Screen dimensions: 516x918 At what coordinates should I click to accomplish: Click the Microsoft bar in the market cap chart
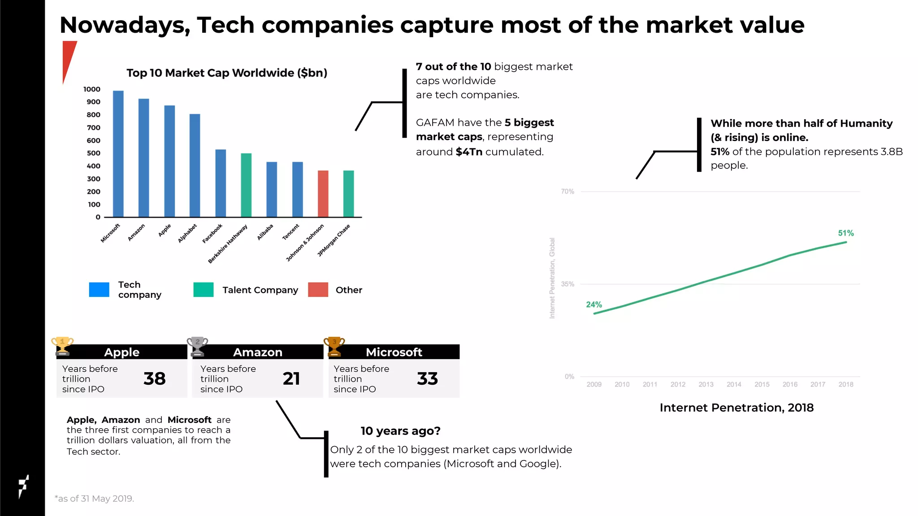[118, 155]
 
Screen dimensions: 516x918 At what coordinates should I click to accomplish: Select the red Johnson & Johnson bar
[323, 194]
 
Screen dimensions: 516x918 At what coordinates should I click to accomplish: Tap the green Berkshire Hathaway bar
[246, 185]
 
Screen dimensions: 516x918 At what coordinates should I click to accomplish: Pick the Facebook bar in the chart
[221, 184]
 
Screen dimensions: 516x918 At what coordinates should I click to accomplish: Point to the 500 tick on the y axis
[94, 153]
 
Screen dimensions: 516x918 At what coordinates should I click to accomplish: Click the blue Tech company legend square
[99, 290]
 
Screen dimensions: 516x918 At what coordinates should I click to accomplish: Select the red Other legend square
[318, 290]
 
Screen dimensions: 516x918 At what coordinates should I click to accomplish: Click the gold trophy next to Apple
[62, 346]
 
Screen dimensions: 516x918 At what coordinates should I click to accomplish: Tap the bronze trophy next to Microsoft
[334, 346]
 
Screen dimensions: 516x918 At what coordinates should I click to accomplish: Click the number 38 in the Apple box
[155, 379]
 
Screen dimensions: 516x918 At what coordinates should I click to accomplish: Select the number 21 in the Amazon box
[291, 379]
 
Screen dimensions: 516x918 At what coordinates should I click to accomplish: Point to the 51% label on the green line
[846, 233]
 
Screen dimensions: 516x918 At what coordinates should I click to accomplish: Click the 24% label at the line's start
[594, 305]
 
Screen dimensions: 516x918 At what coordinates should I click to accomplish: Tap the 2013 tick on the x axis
[706, 384]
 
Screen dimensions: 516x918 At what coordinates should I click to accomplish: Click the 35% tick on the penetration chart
[567, 284]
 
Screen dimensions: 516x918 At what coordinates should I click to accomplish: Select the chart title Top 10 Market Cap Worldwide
[227, 73]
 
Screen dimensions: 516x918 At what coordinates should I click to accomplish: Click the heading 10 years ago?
[400, 431]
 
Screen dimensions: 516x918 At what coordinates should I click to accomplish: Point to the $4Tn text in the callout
[469, 152]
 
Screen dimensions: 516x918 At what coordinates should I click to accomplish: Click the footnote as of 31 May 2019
[95, 499]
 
